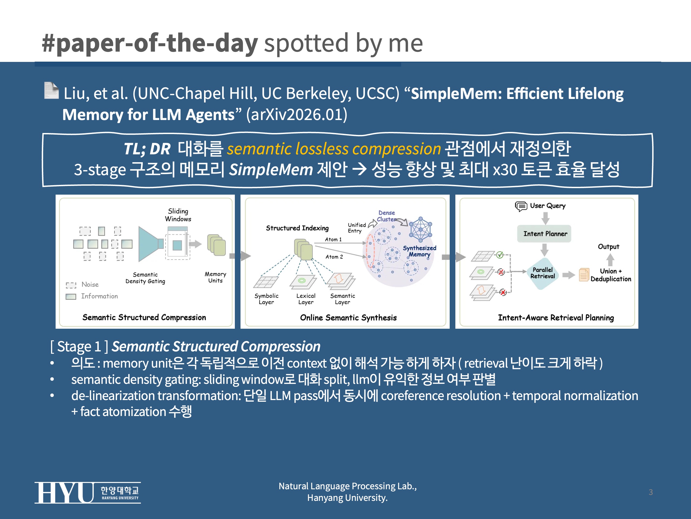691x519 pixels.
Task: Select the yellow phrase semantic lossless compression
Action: pyautogui.click(x=333, y=149)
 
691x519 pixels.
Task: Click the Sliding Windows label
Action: pyautogui.click(x=178, y=215)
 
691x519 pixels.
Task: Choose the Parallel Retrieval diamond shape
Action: pyautogui.click(x=542, y=273)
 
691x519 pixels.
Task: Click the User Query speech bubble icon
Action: pyautogui.click(x=521, y=206)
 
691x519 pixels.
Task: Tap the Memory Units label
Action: pyautogui.click(x=215, y=277)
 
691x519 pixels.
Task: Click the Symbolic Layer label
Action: pyautogui.click(x=266, y=299)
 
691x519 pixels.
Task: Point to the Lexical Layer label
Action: pyautogui.click(x=306, y=299)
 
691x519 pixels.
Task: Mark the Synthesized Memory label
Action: pyautogui.click(x=419, y=251)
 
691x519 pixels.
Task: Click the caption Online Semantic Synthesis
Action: pyautogui.click(x=348, y=318)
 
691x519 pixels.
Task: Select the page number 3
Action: pyautogui.click(x=651, y=492)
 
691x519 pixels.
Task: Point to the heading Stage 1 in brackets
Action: pyautogui.click(x=79, y=347)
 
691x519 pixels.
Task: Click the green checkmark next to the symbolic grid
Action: pyautogui.click(x=500, y=255)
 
